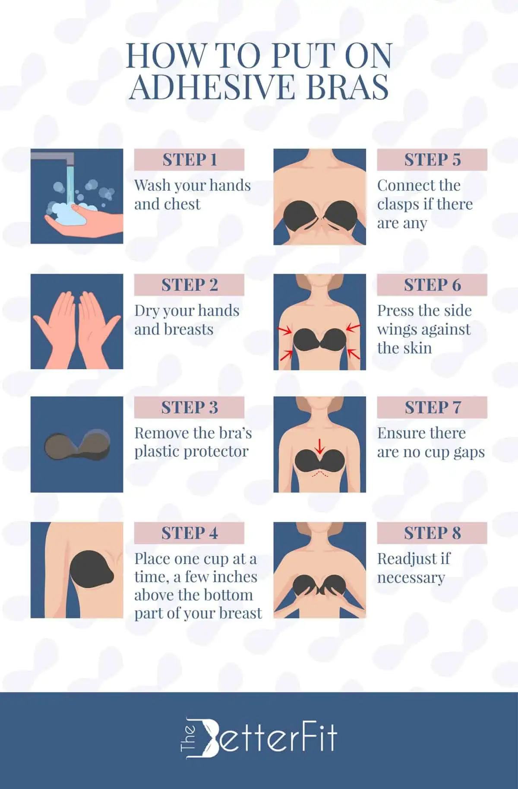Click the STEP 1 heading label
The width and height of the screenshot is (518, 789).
click(x=189, y=160)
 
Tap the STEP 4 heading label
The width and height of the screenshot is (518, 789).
click(x=189, y=533)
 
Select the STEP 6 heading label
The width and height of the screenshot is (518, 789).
click(x=432, y=285)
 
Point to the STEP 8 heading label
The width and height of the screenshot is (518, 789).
click(x=432, y=533)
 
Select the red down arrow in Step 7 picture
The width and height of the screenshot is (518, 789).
click(x=319, y=446)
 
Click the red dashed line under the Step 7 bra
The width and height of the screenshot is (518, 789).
click(x=319, y=474)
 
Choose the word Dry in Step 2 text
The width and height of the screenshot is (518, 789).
click(x=146, y=311)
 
